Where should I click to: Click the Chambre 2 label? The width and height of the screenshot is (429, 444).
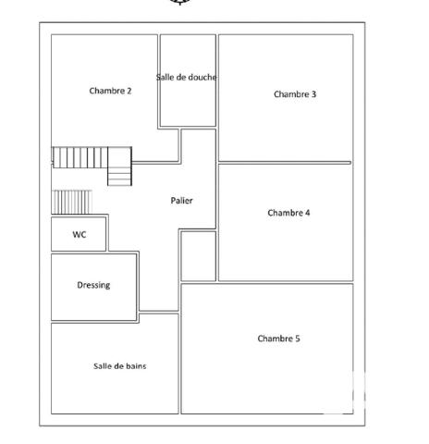pyautogui.click(x=110, y=91)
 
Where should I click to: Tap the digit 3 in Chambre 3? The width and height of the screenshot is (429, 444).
pyautogui.click(x=313, y=94)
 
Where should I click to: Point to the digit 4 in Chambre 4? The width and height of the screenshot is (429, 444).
pyautogui.click(x=307, y=213)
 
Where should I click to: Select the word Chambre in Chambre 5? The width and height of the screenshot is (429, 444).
pyautogui.click(x=275, y=339)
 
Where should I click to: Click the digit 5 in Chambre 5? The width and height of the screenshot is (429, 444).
pyautogui.click(x=297, y=339)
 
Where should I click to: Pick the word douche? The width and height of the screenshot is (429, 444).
pyautogui.click(x=202, y=78)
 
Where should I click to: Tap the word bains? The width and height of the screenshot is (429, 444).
pyautogui.click(x=134, y=366)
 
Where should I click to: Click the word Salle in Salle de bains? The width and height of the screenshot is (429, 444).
pyautogui.click(x=103, y=366)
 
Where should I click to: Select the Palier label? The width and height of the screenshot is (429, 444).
pyautogui.click(x=181, y=201)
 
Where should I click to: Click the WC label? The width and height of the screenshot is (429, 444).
pyautogui.click(x=80, y=235)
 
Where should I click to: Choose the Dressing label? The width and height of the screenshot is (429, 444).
pyautogui.click(x=93, y=285)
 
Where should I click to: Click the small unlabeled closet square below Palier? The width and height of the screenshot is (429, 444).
pyautogui.click(x=198, y=256)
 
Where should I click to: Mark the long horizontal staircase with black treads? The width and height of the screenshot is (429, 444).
pyautogui.click(x=80, y=158)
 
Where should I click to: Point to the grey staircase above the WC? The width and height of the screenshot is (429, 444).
pyautogui.click(x=72, y=202)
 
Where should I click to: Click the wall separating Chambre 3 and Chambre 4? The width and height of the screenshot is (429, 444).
pyautogui.click(x=285, y=163)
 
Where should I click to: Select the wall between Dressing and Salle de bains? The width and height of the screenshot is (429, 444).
pyautogui.click(x=93, y=321)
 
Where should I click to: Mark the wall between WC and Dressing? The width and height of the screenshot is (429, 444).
pyautogui.click(x=79, y=253)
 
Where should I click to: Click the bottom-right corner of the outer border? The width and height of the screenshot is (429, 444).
pyautogui.click(x=364, y=425)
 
